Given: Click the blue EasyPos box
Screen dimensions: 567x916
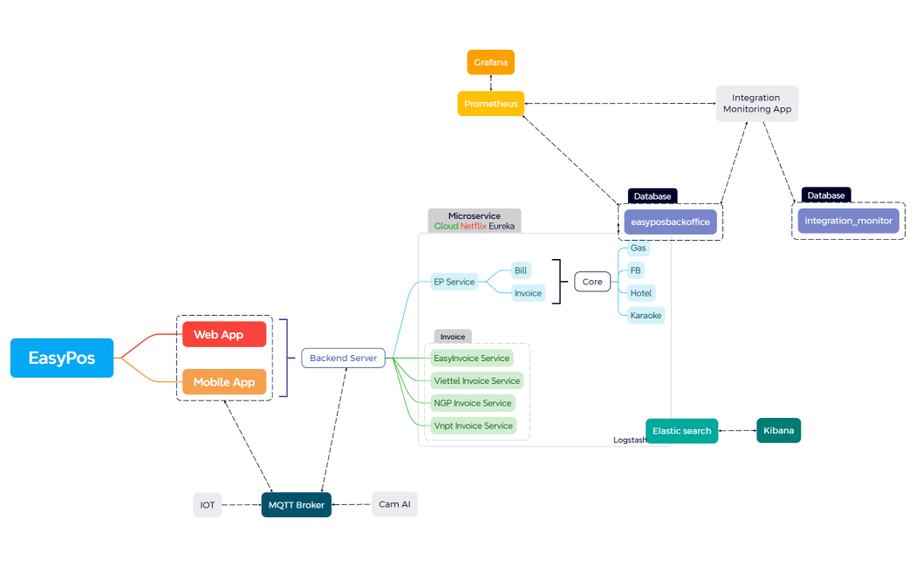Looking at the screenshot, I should [62, 358].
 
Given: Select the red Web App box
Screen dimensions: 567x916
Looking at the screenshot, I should [224, 334].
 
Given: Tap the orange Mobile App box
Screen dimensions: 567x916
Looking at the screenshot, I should [224, 382].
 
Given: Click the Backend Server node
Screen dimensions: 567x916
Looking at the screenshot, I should [343, 358].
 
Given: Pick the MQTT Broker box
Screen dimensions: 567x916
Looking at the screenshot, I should [296, 505].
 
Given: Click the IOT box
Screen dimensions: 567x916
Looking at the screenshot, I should [208, 505].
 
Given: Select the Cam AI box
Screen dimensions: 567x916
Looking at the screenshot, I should [394, 504].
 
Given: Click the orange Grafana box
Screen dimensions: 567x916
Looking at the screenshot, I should [491, 63].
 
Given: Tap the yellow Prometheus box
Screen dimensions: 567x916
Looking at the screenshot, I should [491, 104].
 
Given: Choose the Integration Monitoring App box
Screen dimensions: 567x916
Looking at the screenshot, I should [756, 103].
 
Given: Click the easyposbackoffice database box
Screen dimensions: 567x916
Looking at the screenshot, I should [670, 222].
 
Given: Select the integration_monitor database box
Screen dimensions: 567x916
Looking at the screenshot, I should [848, 221].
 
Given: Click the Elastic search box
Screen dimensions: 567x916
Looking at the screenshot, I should [681, 431].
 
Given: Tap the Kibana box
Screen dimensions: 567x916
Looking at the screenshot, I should [778, 430].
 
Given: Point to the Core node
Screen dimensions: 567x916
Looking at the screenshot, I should [592, 282].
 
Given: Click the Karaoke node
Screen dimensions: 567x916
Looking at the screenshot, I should [646, 315].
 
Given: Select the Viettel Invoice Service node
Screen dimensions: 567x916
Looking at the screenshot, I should [476, 380].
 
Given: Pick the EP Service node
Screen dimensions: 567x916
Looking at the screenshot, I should [455, 282].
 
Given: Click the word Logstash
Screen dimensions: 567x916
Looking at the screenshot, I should [630, 441].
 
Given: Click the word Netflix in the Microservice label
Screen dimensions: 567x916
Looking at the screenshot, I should [473, 226].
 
